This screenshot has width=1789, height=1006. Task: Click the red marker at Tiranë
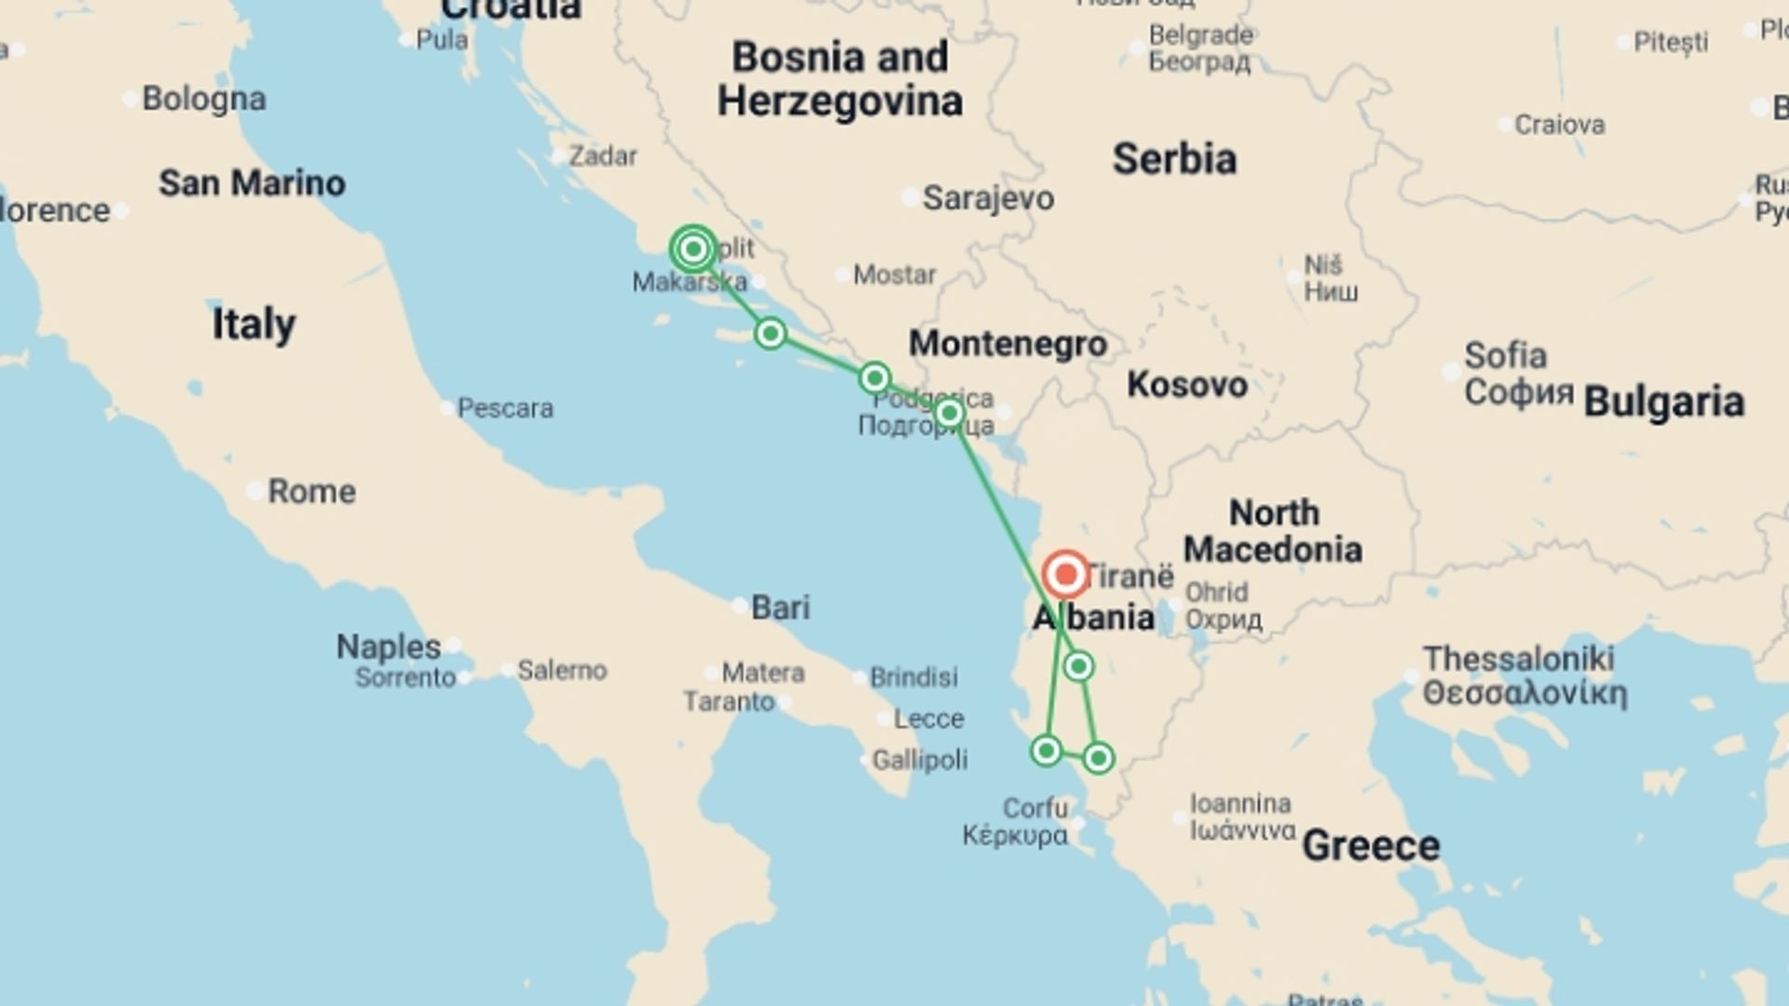point(1066,575)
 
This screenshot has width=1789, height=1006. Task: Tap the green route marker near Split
point(693,249)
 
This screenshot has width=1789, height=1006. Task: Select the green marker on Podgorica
point(949,413)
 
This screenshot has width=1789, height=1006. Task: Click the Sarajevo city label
point(988,197)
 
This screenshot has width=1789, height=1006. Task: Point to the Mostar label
point(894,275)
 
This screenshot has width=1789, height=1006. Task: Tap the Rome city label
point(311,491)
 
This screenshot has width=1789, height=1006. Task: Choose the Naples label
point(388,646)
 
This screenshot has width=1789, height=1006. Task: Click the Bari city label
point(780,607)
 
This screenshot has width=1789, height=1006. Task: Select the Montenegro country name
point(1007,344)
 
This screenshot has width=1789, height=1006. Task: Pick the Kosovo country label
point(1186,384)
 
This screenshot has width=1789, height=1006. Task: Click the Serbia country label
point(1174,159)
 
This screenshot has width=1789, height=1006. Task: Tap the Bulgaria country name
point(1663,401)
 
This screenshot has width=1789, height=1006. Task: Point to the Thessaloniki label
point(1518,659)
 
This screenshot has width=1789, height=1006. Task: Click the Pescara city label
point(505,408)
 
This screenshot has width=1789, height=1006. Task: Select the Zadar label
point(603,156)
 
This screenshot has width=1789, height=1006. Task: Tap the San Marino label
point(252,183)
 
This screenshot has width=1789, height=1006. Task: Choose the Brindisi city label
point(913,677)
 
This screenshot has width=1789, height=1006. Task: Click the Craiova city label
point(1559,125)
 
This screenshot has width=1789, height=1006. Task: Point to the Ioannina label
point(1240,803)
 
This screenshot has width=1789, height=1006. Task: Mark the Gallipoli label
point(919,760)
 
